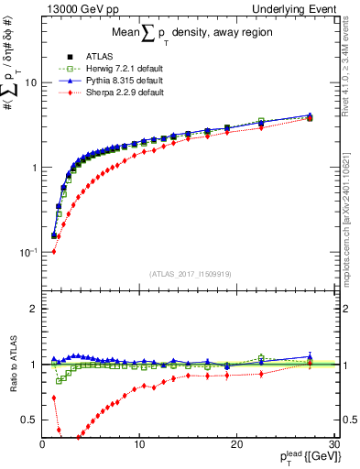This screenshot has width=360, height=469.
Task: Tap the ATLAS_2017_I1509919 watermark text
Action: click(x=191, y=272)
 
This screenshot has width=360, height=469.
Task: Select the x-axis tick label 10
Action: click(x=139, y=443)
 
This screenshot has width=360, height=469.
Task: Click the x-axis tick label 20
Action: click(x=236, y=443)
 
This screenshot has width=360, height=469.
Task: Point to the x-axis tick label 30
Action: click(x=333, y=443)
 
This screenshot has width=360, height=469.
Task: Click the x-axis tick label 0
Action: click(x=43, y=443)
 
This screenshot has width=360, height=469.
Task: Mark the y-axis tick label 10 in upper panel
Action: click(x=29, y=82)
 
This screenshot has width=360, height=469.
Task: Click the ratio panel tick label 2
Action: click(x=34, y=309)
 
